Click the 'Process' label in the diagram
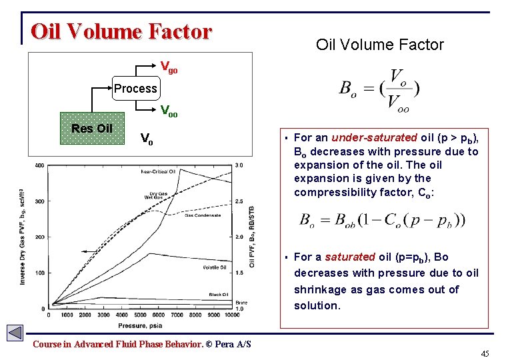(135, 89)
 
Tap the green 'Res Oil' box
(91, 129)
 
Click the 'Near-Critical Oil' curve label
(157, 172)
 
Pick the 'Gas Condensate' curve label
(203, 215)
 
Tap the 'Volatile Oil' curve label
(215, 267)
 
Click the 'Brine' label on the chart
(241, 303)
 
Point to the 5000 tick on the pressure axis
(147, 315)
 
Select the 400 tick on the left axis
(39, 165)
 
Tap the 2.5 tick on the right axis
(239, 201)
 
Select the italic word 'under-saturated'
(374, 138)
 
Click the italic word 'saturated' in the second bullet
(349, 257)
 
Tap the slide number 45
(485, 353)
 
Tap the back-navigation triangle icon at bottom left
(15, 332)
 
